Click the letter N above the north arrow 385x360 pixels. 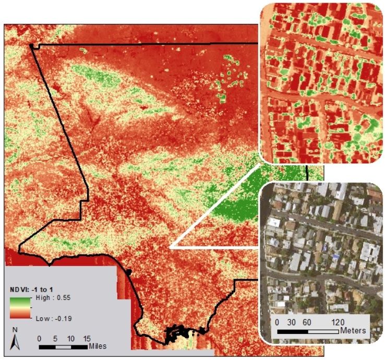coord(15,330)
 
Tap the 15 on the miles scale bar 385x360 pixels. coord(87,338)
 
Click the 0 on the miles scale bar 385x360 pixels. coord(40,338)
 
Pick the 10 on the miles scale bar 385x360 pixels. coord(71,338)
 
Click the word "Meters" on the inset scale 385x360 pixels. coord(353,331)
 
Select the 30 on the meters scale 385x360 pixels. coord(292,321)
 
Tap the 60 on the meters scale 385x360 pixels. coord(308,321)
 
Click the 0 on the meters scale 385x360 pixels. coord(277,321)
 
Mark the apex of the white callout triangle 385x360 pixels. coord(171,247)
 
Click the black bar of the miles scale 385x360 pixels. coord(55,346)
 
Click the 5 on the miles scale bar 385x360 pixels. coord(56,338)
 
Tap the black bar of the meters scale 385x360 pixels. coord(292,331)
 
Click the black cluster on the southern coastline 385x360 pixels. coord(180,332)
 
